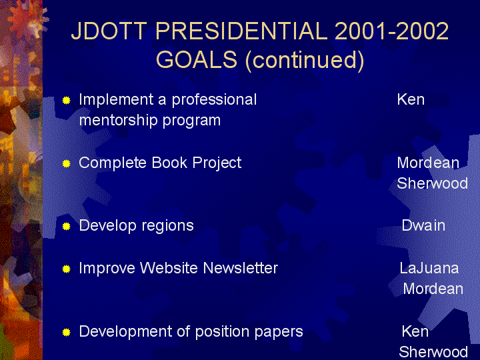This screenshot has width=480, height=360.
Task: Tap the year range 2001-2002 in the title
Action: point(392,31)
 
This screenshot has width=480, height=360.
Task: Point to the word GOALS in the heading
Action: point(197,59)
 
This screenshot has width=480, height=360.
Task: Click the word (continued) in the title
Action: point(305,60)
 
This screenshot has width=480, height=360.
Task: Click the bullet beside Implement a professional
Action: point(66,100)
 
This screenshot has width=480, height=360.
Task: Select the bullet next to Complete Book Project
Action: point(66,163)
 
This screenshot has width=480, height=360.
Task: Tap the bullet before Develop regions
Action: point(66,226)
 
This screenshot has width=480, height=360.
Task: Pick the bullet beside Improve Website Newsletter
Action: point(66,269)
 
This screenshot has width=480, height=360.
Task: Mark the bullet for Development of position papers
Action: point(66,332)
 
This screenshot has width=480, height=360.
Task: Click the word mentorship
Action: point(118,120)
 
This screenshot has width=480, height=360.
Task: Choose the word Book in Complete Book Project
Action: point(169,163)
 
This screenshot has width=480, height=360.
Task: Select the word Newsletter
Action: point(241,268)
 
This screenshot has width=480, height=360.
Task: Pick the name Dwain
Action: point(423,225)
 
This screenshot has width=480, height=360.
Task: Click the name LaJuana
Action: point(429,268)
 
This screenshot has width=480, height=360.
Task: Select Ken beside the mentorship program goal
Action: point(411,99)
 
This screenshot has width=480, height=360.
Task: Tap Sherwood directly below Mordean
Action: point(432,183)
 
